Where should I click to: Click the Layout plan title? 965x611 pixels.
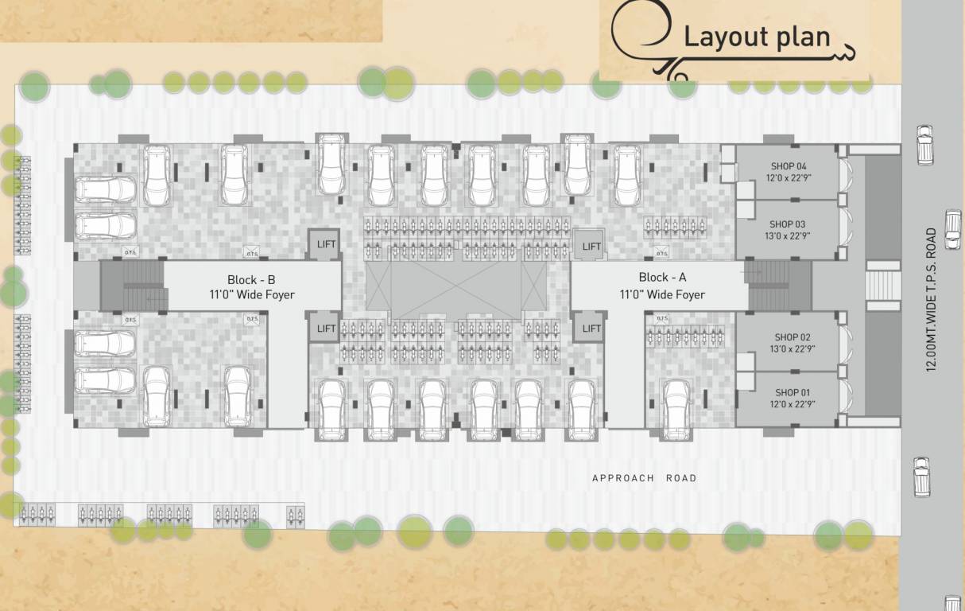pos(757,37)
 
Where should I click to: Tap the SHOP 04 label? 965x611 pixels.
pos(788,165)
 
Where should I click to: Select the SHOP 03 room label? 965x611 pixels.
pos(788,224)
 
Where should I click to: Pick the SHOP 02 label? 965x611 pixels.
pos(793,337)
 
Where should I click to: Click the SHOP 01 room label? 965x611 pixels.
pos(793,392)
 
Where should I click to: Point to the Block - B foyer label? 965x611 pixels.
pos(251,287)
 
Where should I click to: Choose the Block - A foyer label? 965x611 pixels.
pos(661,286)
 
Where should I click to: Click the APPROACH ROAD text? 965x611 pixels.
pos(644,478)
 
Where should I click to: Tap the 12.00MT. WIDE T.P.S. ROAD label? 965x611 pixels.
pos(930,300)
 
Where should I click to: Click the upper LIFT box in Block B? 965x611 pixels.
pos(326,244)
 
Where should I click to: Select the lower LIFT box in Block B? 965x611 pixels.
pos(326,328)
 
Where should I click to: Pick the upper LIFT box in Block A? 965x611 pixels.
pos(591,246)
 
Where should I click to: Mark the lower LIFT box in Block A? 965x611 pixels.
pos(591,328)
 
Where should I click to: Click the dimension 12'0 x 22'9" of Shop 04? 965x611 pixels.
pos(788,177)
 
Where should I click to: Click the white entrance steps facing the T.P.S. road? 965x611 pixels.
pos(882,286)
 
